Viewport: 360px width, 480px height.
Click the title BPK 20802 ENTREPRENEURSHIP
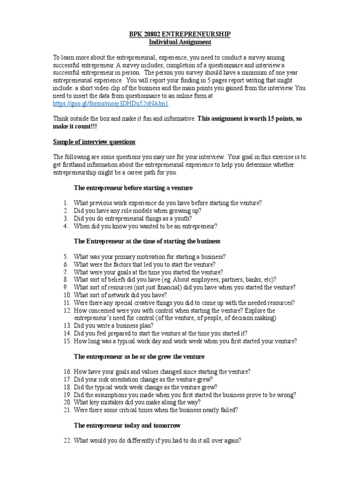pyautogui.click(x=180, y=35)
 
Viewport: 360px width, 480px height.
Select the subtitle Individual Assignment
pyautogui.click(x=180, y=42)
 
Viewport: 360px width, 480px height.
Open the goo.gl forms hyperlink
pyautogui.click(x=111, y=103)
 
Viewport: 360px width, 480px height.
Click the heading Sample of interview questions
pyautogui.click(x=94, y=142)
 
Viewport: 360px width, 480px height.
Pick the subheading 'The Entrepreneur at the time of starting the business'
pyautogui.click(x=147, y=241)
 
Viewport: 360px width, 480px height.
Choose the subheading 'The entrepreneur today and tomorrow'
pyautogui.click(x=127, y=425)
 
